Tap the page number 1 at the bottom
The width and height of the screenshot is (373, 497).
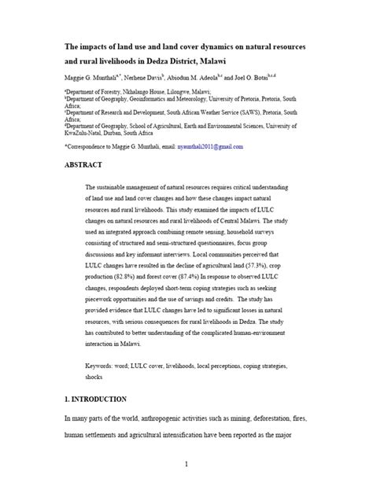[186, 465]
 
